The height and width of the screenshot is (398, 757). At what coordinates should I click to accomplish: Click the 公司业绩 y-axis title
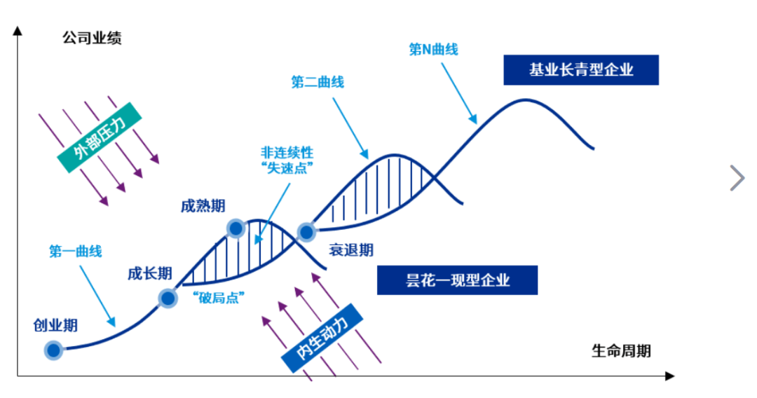pos(92,38)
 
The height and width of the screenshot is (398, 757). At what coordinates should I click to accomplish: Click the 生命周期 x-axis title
pos(621,351)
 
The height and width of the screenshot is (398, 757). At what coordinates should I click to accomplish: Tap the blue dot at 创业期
pos(53,350)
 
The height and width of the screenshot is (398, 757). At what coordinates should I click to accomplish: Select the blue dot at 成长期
pos(168,298)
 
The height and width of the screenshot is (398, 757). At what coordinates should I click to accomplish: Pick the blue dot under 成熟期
pos(236,228)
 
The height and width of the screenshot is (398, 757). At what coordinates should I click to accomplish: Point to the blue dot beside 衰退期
pos(306,232)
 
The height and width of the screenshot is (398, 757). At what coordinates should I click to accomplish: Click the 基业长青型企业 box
pos(581,70)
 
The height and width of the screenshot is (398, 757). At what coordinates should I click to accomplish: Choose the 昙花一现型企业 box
pos(457,280)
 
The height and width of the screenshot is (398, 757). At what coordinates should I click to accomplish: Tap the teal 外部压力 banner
pos(100,137)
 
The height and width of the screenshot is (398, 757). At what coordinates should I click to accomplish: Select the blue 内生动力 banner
pos(322,338)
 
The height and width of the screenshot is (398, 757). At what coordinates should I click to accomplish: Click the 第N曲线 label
pos(434,49)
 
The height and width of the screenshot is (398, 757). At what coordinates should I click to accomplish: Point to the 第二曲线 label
pos(318,82)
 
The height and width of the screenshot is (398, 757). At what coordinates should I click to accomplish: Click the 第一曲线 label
pos(75,251)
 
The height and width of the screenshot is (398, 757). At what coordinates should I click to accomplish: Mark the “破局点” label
pos(218,298)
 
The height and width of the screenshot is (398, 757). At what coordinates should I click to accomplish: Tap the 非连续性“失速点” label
pos(287,160)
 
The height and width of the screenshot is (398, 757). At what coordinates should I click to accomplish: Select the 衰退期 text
pos(351,250)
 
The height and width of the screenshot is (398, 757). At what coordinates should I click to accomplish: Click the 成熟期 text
pos(203,206)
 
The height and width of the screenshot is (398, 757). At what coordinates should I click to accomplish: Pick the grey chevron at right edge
pos(737,178)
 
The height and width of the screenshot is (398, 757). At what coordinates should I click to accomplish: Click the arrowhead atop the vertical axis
pos(18,30)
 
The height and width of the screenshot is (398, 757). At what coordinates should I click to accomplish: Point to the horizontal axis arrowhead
pos(669,376)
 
